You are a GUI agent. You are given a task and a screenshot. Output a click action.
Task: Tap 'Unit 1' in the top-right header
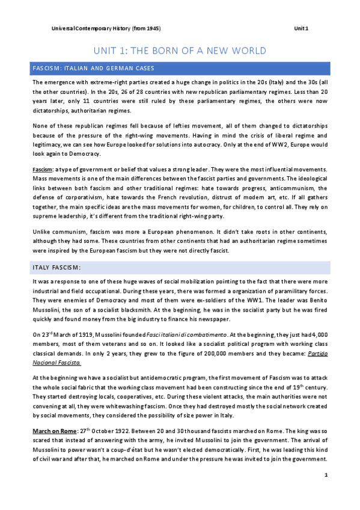click(x=301, y=28)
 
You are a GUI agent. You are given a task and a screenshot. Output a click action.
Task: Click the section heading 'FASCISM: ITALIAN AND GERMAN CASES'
click(x=94, y=68)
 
